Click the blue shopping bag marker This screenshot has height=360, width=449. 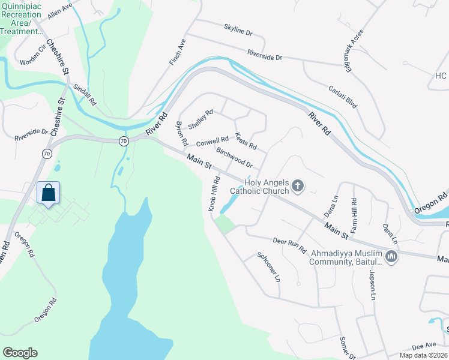click(49, 193)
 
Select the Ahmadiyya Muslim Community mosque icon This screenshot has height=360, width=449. click(391, 257)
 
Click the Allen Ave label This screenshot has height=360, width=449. click(59, 12)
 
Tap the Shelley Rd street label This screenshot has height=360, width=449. click(200, 119)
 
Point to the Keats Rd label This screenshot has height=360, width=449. click(246, 142)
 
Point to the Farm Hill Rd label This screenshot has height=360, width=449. click(354, 216)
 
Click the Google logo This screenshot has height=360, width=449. click(20, 353)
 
